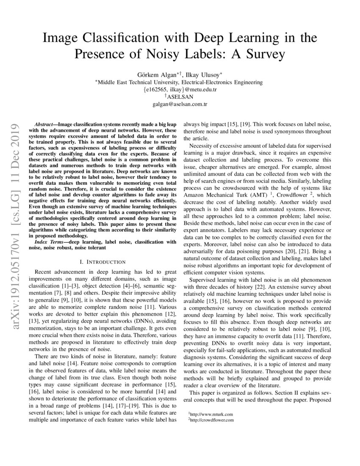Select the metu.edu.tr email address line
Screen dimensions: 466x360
(180, 90)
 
